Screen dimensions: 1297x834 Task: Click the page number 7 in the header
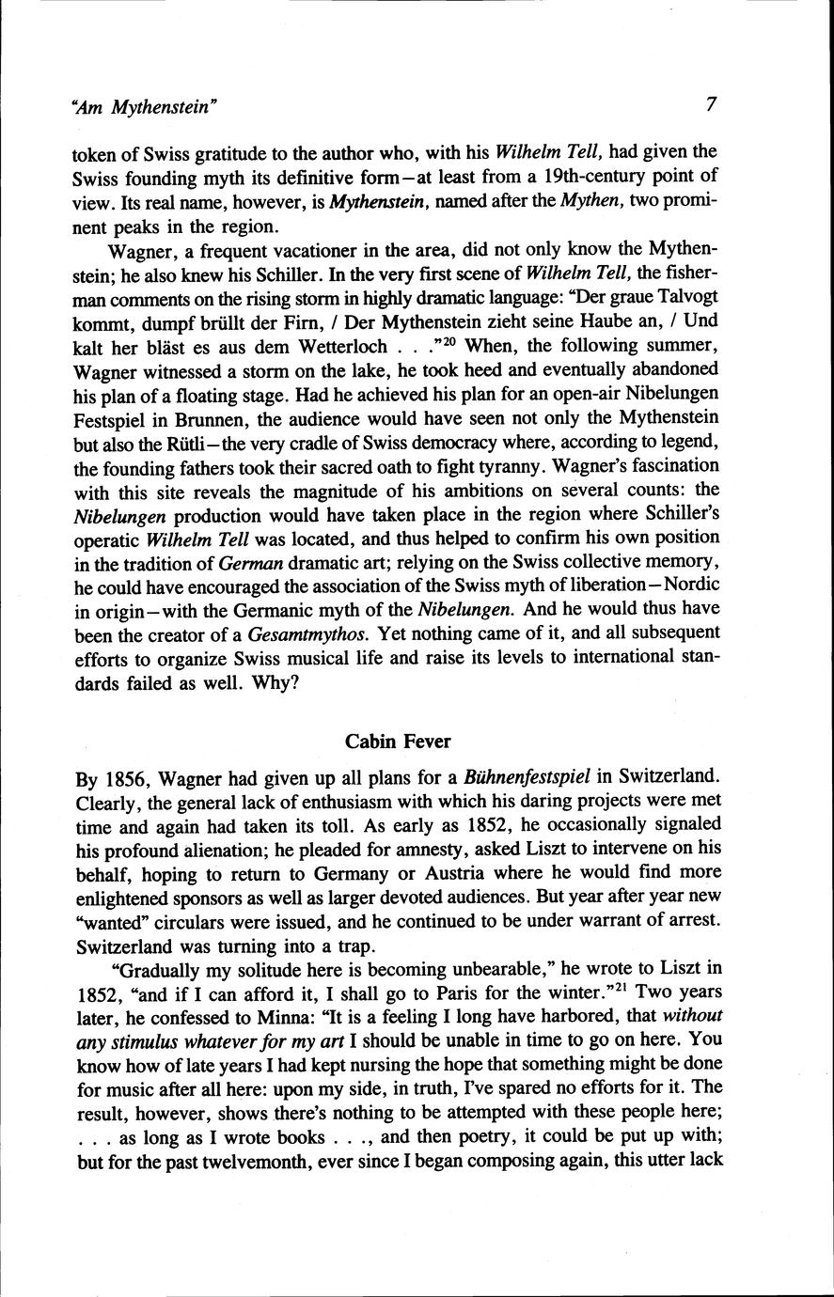tap(711, 105)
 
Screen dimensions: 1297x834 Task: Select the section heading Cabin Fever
tap(398, 742)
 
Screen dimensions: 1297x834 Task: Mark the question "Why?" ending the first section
tap(276, 682)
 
